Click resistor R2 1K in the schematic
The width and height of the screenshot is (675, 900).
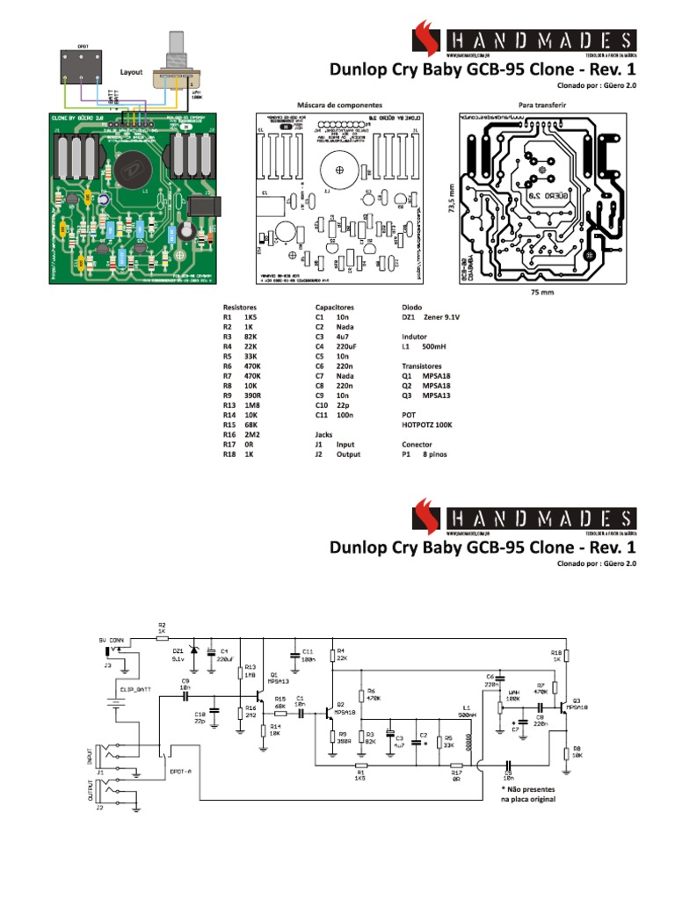pos(162,639)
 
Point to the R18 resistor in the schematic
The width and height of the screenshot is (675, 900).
pos(567,655)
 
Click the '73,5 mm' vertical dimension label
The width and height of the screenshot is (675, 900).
pos(452,200)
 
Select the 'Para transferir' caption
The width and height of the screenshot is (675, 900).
pos(542,103)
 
